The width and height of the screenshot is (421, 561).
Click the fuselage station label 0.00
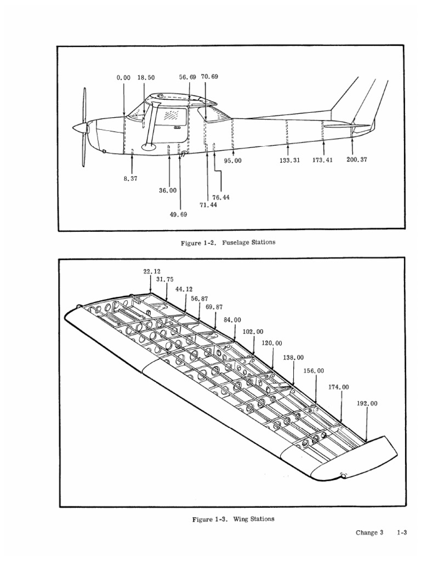click(123, 78)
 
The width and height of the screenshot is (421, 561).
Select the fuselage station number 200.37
click(356, 159)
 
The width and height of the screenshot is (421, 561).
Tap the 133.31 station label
click(289, 161)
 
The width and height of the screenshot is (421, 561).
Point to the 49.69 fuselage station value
click(178, 214)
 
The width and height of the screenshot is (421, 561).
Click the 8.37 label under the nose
click(130, 179)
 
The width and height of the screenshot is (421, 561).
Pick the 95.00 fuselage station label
click(232, 161)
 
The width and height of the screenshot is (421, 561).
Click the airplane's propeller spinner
click(79, 128)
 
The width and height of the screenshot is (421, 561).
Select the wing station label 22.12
click(152, 272)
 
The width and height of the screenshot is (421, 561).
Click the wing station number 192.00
click(367, 404)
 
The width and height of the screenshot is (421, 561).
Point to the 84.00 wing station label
click(232, 320)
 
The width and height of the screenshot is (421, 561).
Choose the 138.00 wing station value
click(293, 357)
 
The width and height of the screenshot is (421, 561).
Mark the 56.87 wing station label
click(200, 299)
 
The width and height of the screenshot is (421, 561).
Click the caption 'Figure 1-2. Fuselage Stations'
click(228, 243)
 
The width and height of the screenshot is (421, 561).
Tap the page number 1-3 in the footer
click(402, 533)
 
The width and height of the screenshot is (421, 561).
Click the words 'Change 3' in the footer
click(369, 533)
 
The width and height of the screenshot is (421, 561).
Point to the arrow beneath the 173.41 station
click(323, 148)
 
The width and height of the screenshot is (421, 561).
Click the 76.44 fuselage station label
click(221, 197)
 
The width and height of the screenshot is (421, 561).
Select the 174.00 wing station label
click(338, 387)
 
